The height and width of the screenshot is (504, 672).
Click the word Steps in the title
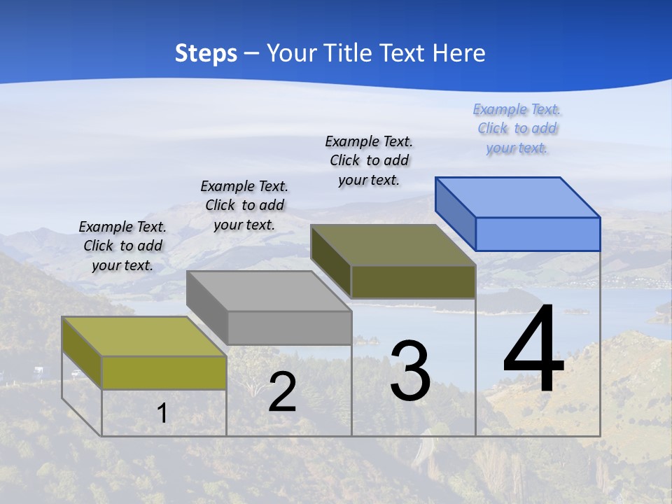[206, 53]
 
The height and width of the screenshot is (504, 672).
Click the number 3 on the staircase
[410, 371]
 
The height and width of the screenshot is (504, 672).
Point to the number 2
[282, 392]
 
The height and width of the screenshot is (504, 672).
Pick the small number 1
[162, 413]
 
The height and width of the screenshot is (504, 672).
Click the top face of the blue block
[518, 197]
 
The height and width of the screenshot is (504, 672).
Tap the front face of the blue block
[538, 234]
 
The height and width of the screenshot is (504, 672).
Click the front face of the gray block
[289, 328]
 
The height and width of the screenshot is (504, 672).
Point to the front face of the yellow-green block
[164, 372]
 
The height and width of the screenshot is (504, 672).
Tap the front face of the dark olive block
[413, 281]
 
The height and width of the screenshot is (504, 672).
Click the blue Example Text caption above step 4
[517, 129]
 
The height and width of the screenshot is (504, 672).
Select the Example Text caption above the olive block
[369, 160]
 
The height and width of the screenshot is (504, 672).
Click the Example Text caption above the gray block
[244, 205]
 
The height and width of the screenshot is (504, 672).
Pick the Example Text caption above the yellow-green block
[122, 246]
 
